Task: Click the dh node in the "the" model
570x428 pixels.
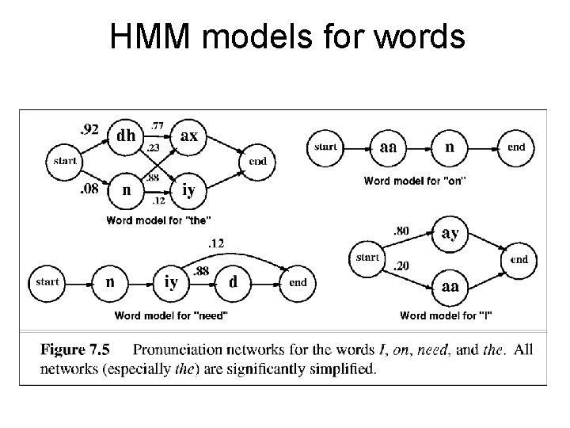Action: [125, 136]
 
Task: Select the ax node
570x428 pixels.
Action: [189, 136]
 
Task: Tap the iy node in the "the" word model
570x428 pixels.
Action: [189, 191]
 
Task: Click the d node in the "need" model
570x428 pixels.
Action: [233, 281]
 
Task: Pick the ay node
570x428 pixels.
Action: [450, 233]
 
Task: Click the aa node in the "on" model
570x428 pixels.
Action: [388, 147]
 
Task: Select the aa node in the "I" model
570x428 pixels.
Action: [450, 286]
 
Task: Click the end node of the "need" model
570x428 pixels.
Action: [298, 282]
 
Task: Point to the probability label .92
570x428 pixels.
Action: [89, 130]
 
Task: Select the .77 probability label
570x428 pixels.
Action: [157, 124]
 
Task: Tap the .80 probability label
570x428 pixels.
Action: [401, 232]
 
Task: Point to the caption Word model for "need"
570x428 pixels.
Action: [172, 315]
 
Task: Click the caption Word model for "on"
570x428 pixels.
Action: [414, 181]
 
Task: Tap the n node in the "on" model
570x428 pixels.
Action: [450, 147]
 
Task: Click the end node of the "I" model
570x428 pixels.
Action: [519, 259]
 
